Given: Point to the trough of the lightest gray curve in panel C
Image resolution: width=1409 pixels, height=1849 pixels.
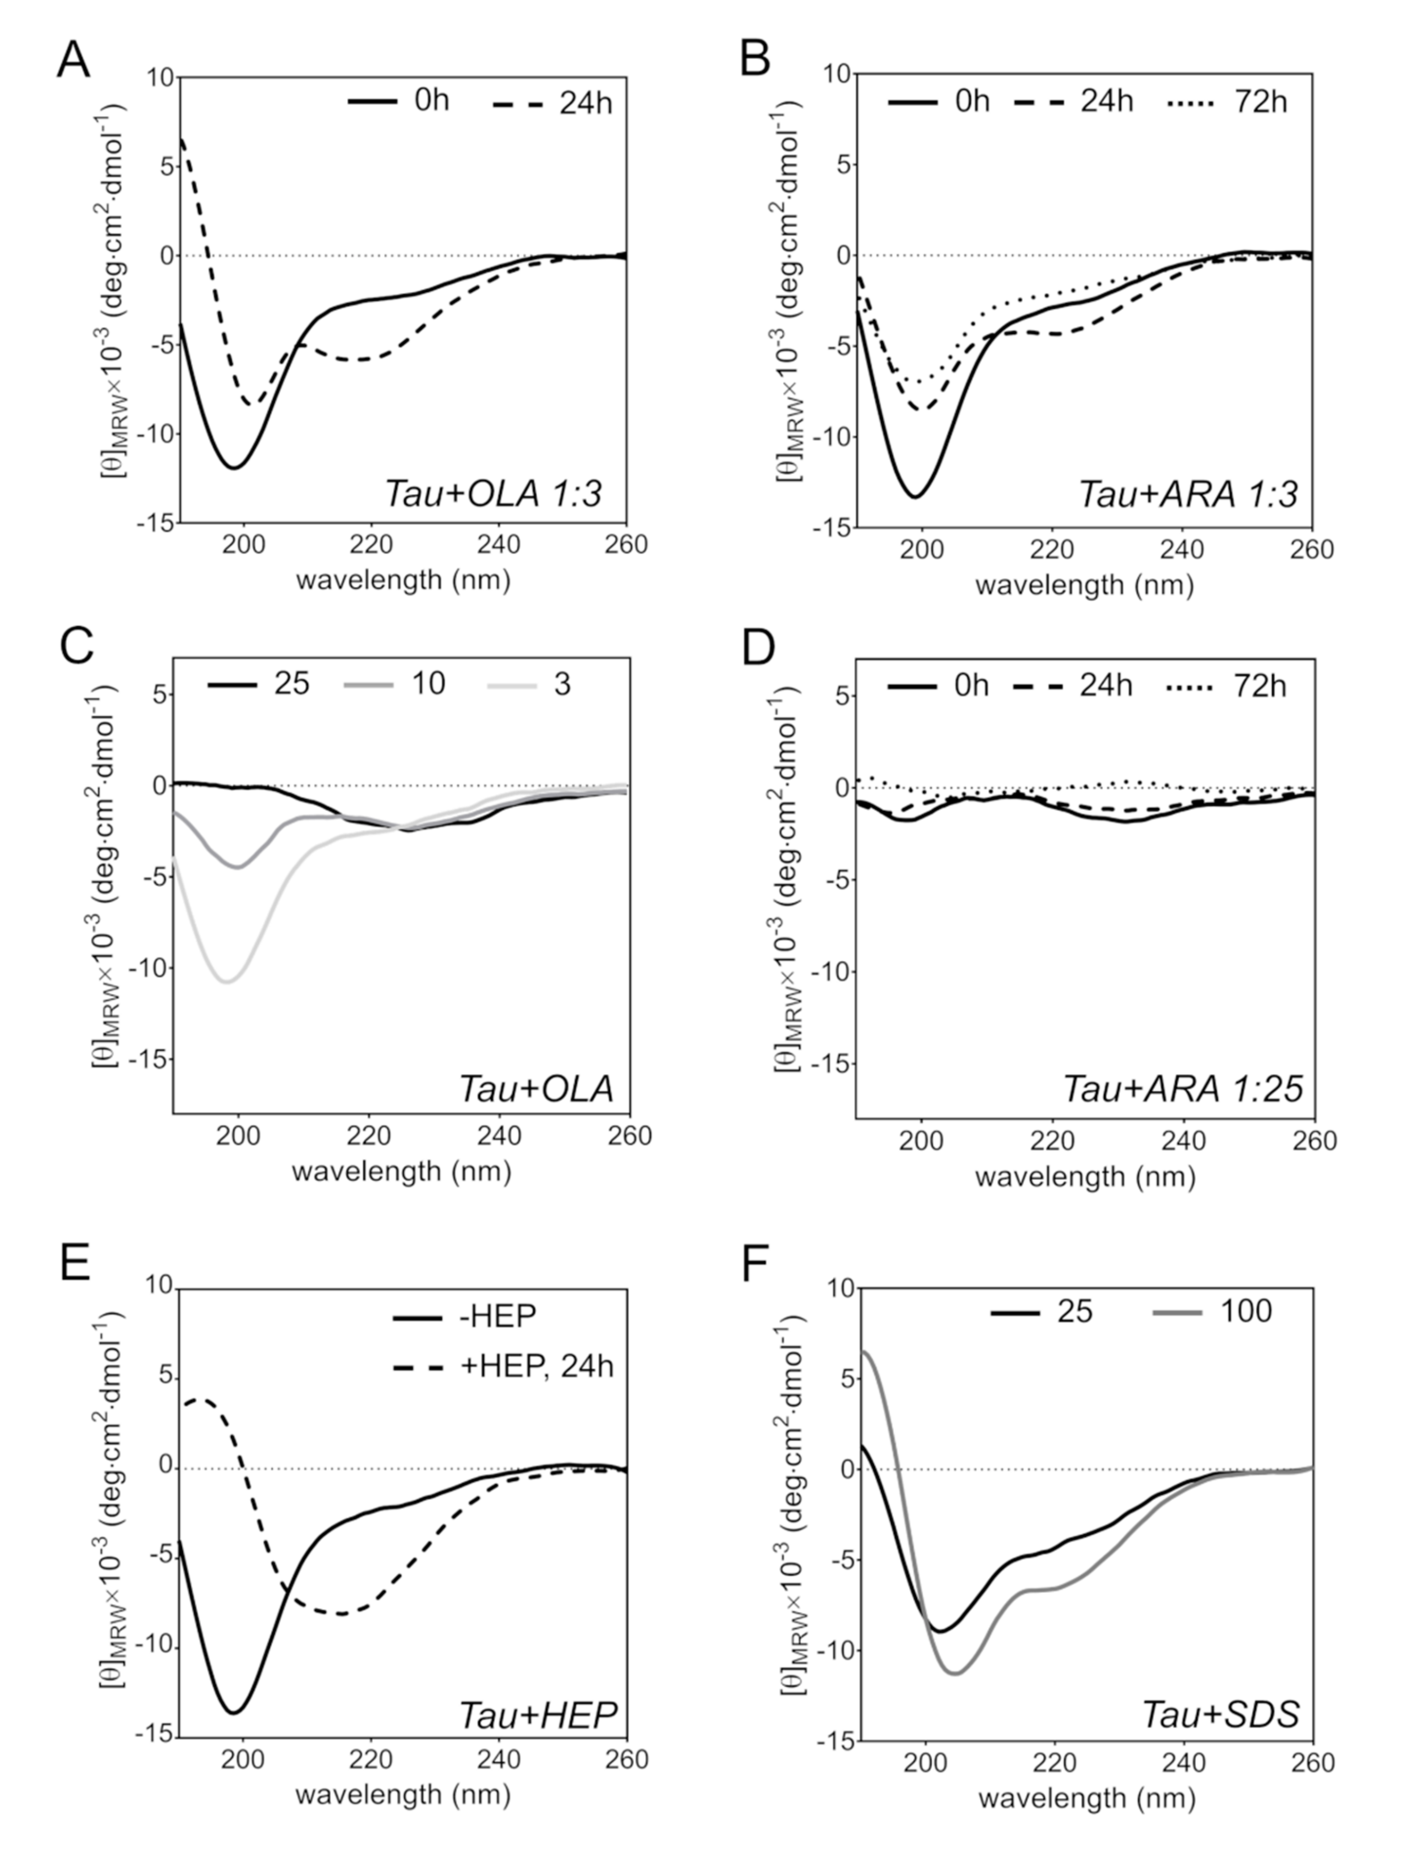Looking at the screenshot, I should tap(227, 981).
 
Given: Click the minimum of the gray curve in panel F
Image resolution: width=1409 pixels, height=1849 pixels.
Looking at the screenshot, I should tap(955, 1674).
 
